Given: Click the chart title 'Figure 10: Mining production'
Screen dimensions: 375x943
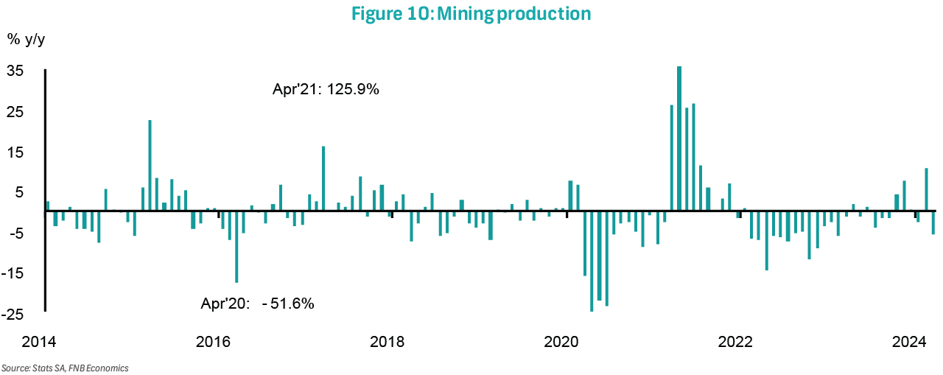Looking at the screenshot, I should point(471,13).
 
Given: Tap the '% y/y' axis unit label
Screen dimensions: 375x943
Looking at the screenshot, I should point(25,40).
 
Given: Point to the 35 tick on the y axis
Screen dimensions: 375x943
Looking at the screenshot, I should point(16,71).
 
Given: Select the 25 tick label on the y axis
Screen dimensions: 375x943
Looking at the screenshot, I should point(16,112).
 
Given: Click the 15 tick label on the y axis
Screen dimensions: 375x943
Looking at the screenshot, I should point(16,153).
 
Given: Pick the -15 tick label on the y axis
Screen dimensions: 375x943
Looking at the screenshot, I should point(15,273).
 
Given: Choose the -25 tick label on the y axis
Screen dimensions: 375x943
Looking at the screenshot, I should point(15,315).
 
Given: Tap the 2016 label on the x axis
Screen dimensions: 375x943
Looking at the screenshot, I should point(214,342).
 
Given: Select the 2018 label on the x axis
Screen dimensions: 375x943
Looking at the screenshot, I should point(388,342).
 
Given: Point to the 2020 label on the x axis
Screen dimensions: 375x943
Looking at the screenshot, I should point(561,342).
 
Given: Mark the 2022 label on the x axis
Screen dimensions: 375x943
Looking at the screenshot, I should point(735,342).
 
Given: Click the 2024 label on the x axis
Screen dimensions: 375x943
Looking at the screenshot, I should point(909,342).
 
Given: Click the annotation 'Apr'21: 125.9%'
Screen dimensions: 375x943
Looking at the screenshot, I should point(326,91).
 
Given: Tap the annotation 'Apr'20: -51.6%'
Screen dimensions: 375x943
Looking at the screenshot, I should point(258,303).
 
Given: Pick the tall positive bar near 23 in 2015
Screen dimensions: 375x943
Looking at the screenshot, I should point(150,165).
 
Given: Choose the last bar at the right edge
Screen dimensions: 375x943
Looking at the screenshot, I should point(933,222).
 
